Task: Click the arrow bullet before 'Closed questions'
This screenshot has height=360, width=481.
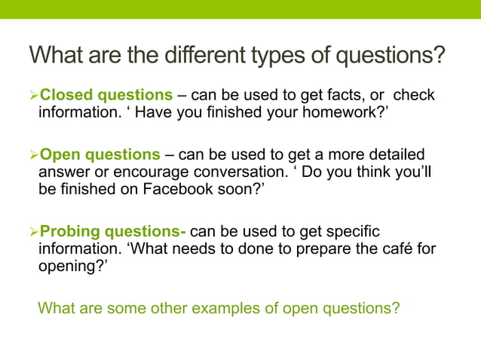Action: (33, 96)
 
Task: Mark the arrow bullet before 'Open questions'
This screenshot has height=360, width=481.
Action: (33, 155)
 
